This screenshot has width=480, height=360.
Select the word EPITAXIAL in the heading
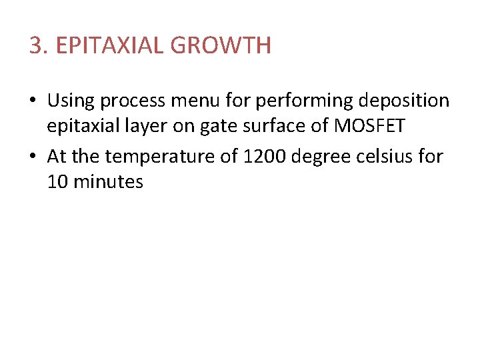click(110, 46)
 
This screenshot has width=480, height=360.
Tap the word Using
click(72, 101)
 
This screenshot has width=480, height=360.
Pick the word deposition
click(404, 101)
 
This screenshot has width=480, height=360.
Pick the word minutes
click(108, 182)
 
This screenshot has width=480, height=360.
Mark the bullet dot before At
click(33, 157)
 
